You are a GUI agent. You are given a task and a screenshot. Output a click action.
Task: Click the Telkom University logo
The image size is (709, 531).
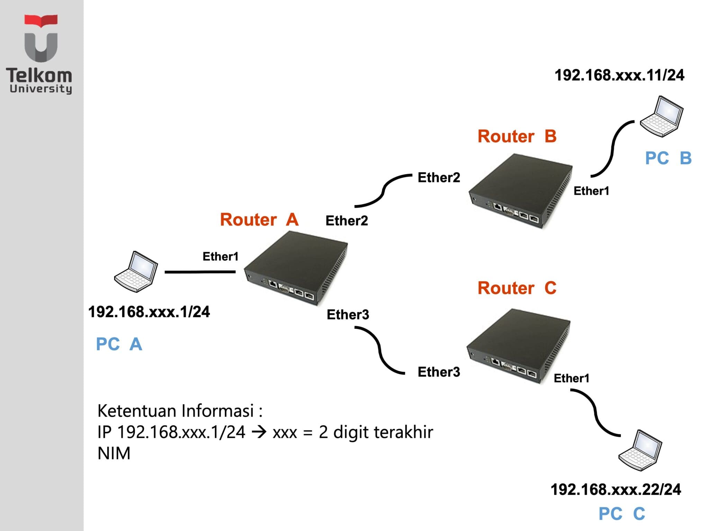coord(41,54)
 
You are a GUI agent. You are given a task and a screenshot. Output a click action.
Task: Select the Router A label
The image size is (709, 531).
coord(259,220)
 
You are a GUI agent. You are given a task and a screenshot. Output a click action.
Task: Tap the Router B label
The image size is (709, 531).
coord(517,136)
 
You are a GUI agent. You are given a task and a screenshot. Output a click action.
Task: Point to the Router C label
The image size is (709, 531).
coord(517,288)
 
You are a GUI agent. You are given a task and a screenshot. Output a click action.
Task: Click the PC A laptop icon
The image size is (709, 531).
coord(136,272)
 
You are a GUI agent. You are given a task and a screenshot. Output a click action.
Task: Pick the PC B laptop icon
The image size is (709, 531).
coord(662,117)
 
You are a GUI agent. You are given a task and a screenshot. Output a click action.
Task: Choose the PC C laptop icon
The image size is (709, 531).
coord(640,450)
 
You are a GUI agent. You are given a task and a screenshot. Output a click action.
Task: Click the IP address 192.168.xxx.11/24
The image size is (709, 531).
coord(619,75)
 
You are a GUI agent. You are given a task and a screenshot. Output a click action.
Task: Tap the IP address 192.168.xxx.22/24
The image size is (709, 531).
coord(616,490)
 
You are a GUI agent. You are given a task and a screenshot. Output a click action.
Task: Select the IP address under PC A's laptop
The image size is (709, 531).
coord(149,312)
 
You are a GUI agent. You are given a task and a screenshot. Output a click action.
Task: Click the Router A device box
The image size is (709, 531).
coord(296,268)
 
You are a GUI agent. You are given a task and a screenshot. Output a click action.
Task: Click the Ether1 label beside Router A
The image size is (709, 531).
coord(221,257)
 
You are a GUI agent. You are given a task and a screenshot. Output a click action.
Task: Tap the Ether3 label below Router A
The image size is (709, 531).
coord(348,315)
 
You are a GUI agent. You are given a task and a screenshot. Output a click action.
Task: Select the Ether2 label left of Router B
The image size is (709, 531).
coord(439,177)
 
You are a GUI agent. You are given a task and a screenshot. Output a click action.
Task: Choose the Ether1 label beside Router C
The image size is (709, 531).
coord(571,378)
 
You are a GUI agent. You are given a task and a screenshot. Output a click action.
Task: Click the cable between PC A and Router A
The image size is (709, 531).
coord(200,272)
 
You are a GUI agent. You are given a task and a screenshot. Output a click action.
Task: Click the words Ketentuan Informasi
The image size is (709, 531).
coord(180,411)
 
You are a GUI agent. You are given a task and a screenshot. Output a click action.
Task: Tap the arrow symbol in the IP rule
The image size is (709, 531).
coord(259,432)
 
